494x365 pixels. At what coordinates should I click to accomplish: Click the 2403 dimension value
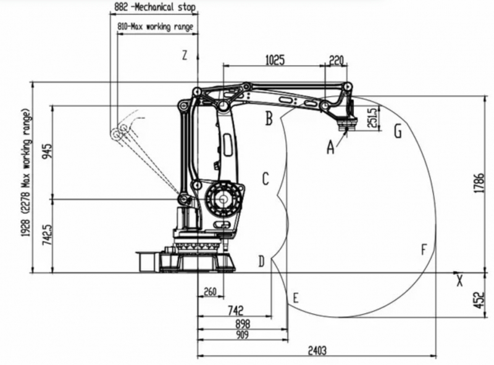pyautogui.click(x=317, y=350)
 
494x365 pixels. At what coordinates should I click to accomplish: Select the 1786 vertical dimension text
pyautogui.click(x=480, y=183)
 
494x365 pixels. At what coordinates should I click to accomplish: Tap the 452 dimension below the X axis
pyautogui.click(x=480, y=300)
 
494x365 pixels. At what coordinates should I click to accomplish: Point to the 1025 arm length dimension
pyautogui.click(x=275, y=60)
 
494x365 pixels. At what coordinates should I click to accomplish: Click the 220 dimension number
pyautogui.click(x=336, y=60)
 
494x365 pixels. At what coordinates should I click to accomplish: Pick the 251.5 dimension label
pyautogui.click(x=372, y=118)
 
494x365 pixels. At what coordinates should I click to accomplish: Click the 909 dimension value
pyautogui.click(x=242, y=334)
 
